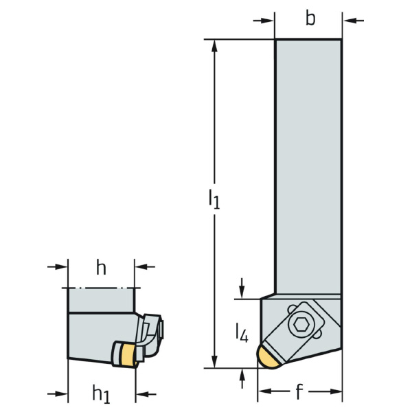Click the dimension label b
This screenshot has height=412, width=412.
click(310, 19)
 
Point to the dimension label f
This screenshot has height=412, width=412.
click(299, 392)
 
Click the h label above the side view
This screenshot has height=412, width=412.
click(101, 268)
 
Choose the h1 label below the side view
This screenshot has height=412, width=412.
click(102, 393)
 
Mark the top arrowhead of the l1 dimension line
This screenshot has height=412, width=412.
click(215, 45)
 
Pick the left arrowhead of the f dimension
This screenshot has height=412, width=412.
click(264, 392)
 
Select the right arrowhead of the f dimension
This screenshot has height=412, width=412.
click(336, 392)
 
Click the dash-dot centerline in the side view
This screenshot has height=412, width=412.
click(101, 287)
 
